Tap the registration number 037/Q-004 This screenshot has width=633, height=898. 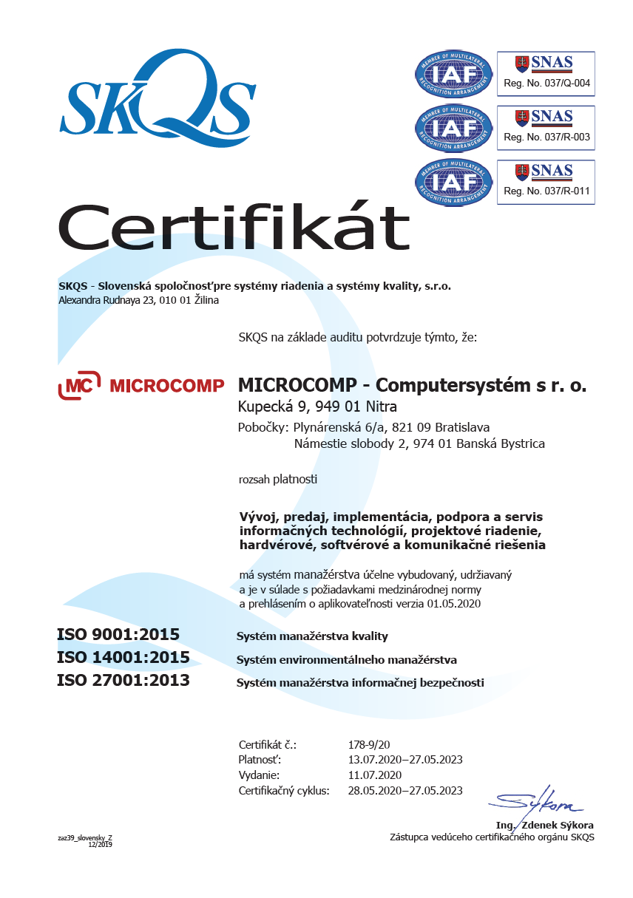point(546,83)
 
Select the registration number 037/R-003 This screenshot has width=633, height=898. point(546,137)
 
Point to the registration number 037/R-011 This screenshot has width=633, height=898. point(546,191)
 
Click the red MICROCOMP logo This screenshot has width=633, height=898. point(141,386)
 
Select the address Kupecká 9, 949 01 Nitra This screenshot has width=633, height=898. point(317,406)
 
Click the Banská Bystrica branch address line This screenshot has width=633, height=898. point(419,443)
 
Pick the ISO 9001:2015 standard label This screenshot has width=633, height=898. point(118,635)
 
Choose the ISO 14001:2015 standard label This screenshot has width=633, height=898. point(123,658)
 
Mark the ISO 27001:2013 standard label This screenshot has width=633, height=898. point(123,681)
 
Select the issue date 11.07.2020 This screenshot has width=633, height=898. point(374,775)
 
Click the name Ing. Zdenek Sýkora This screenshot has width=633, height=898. point(544,825)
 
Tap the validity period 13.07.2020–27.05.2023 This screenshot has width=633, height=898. point(405,760)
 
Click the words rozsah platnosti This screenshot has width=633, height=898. point(278,480)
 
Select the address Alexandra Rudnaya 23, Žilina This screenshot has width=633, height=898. point(138,300)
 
